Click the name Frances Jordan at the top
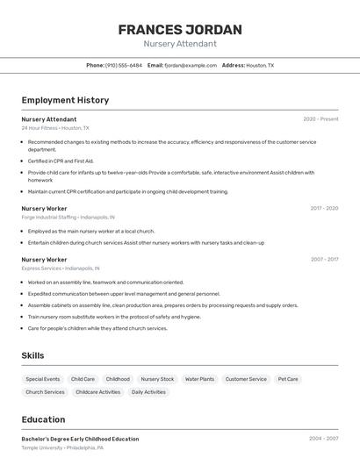coord(179,30)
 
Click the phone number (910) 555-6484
coord(123,65)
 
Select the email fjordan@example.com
coord(191,65)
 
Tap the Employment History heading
coord(65,100)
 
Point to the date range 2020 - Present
coord(320,119)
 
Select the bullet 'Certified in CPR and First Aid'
coord(61,161)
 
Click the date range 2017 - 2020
coord(324,209)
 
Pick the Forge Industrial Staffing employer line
coord(68,217)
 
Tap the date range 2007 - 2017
coord(324,260)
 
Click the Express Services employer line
coord(61,268)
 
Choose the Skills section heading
coord(33,355)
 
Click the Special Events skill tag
coord(43,379)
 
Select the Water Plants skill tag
coord(199,379)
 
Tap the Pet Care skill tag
coord(288,379)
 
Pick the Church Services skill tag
coord(45,392)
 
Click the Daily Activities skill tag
coord(148,392)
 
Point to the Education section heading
coord(43,419)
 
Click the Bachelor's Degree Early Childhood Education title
coord(80,439)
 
